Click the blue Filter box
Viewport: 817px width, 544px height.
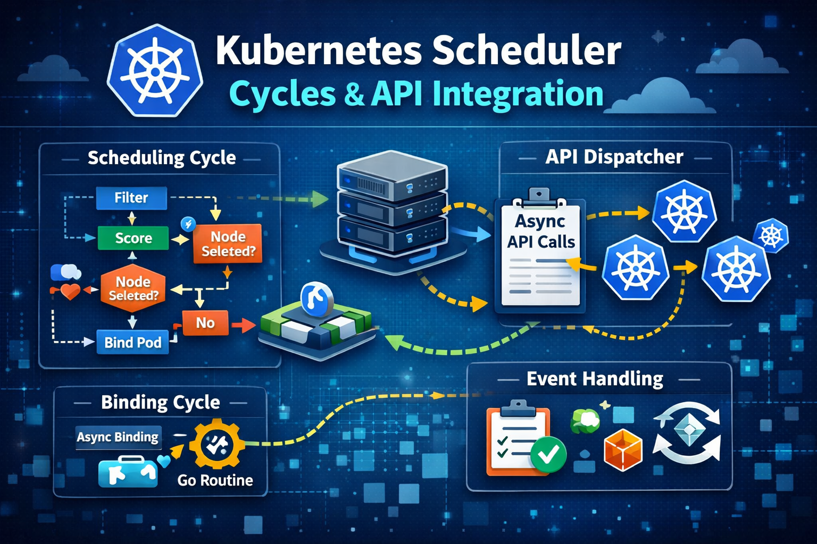(x=131, y=198)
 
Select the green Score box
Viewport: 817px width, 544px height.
(x=133, y=238)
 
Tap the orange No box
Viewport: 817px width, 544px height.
(x=205, y=323)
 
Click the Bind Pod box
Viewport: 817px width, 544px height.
(x=133, y=342)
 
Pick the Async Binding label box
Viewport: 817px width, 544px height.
(x=118, y=437)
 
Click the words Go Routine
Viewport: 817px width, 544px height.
(x=215, y=481)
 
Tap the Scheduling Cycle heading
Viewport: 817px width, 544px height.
(x=162, y=158)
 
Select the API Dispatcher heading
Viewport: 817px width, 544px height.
(x=614, y=157)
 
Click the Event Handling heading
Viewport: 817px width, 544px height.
(x=595, y=379)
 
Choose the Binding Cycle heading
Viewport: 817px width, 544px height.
(x=161, y=402)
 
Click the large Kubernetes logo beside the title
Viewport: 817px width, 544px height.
(x=155, y=70)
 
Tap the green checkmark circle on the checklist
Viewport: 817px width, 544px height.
(x=548, y=454)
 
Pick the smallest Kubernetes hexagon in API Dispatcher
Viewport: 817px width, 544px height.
(x=771, y=236)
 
